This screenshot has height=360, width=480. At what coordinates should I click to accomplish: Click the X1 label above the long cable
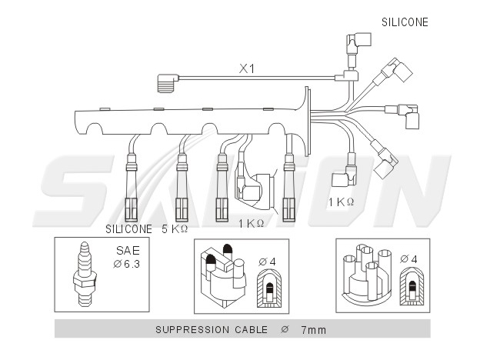point(247,68)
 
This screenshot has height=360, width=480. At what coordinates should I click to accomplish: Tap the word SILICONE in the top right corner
point(405,22)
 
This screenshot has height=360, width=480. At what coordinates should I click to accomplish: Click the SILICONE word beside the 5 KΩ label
point(128,229)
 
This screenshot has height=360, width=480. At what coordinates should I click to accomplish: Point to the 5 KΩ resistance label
point(175,229)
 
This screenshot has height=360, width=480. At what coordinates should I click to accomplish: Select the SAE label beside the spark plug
point(128,251)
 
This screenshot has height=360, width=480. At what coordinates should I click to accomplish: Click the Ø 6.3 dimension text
point(126,264)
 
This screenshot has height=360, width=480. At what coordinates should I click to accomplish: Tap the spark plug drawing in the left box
point(85,274)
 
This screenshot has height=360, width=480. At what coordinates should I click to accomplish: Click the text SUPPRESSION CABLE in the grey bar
point(212,330)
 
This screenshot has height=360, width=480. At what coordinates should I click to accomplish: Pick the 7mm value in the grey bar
point(314,330)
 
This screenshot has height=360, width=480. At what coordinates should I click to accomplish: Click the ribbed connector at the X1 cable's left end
point(167,82)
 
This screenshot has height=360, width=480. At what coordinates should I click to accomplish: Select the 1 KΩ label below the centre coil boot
point(251,224)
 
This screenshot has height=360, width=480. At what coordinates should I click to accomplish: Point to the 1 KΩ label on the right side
point(341,202)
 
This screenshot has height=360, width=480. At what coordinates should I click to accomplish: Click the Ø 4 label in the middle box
point(267,262)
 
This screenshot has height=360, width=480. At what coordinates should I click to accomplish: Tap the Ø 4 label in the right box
point(408,259)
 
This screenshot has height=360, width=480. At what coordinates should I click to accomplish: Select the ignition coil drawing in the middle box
point(224,275)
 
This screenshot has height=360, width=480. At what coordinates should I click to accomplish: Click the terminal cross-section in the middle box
point(269,288)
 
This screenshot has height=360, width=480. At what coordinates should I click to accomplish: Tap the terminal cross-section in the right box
point(412,286)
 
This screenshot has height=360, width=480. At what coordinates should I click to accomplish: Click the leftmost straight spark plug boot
point(132,188)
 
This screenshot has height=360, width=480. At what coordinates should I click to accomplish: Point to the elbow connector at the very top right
point(358,46)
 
